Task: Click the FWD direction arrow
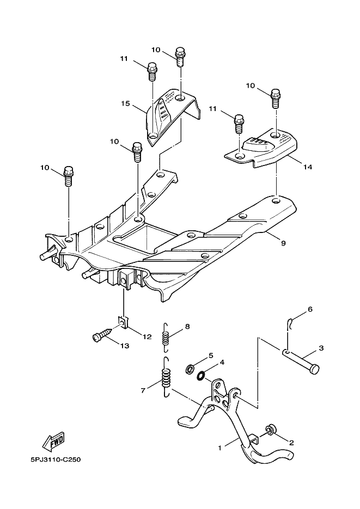pos(53,441)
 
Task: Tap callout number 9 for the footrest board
pos(283,243)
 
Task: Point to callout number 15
pos(126,103)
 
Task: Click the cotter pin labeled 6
pos(290,323)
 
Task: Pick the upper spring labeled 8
pos(166,338)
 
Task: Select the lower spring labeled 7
pos(166,377)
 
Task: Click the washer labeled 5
pos(190,369)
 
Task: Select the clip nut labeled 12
pos(123,323)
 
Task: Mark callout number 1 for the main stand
pos(220,448)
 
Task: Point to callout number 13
pos(125,346)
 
